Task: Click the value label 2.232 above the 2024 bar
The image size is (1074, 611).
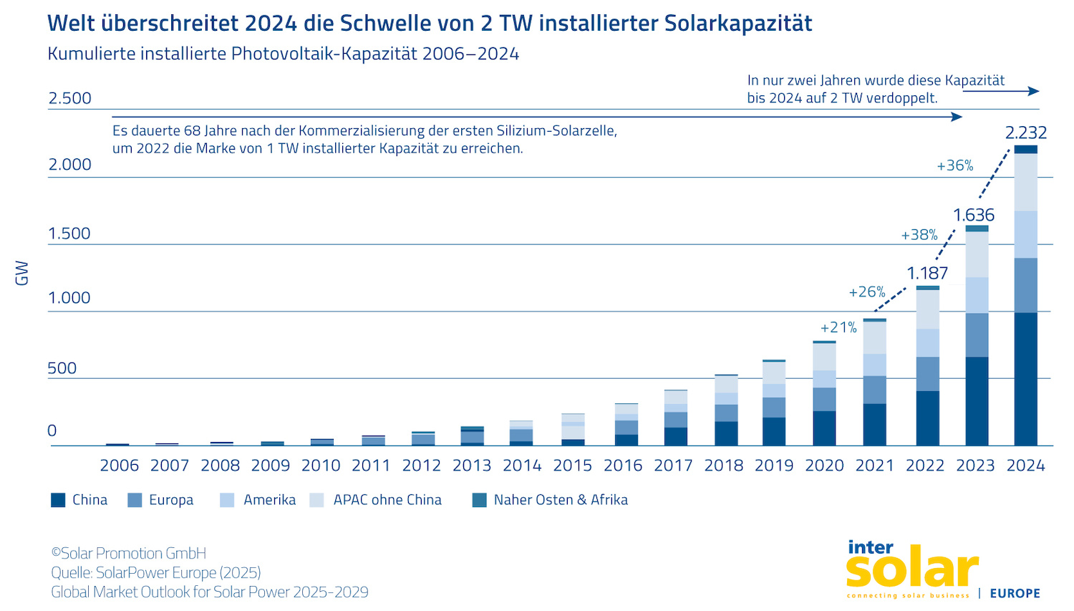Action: tap(1025, 133)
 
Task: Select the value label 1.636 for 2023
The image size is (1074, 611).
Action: tap(974, 215)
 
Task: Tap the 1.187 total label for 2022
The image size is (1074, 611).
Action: tap(927, 273)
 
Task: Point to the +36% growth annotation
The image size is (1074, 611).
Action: tap(955, 165)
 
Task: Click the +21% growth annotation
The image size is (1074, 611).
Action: tap(838, 327)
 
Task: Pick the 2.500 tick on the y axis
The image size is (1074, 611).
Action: tap(69, 98)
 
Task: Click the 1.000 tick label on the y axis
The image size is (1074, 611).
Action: tap(69, 298)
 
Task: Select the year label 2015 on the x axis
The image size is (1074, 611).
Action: tap(573, 466)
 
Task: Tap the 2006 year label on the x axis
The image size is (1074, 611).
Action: tap(119, 466)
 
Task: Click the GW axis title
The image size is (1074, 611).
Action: tap(22, 273)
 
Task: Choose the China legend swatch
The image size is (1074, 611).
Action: tap(58, 500)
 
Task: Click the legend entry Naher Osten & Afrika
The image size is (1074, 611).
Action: tap(561, 500)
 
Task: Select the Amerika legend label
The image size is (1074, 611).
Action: tap(269, 500)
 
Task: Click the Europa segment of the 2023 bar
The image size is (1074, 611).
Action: tap(977, 335)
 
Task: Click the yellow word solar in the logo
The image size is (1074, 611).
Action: tap(911, 569)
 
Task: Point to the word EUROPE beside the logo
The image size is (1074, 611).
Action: tap(1015, 593)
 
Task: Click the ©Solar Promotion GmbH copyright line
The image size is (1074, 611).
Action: tap(129, 553)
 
